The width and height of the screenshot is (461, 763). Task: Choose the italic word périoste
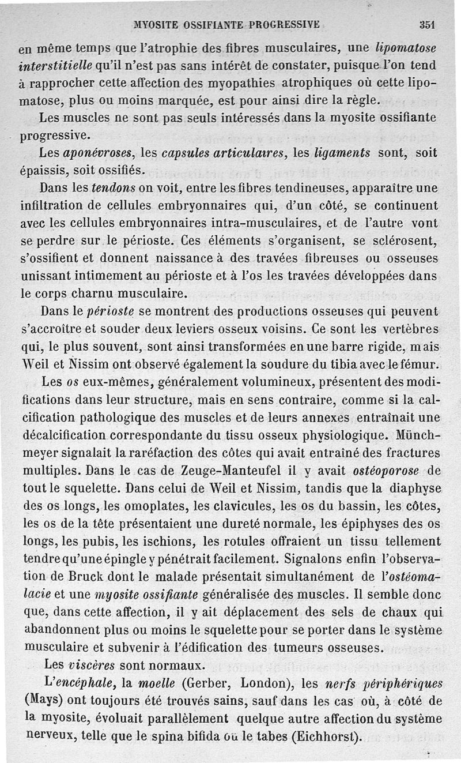click(x=111, y=311)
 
